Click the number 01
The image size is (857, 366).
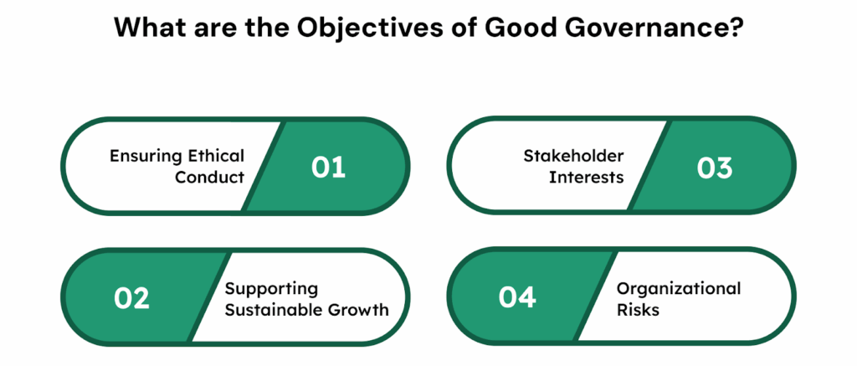coord(328,168)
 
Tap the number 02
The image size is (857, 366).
coord(131,299)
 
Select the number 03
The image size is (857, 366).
coord(715,168)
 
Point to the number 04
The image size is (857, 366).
coord(517,296)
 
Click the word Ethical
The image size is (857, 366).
coord(217,156)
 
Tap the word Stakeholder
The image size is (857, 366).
coord(573,156)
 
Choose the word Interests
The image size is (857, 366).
coord(587,178)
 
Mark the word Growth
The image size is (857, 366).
coord(359,310)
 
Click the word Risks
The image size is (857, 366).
coord(638,310)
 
